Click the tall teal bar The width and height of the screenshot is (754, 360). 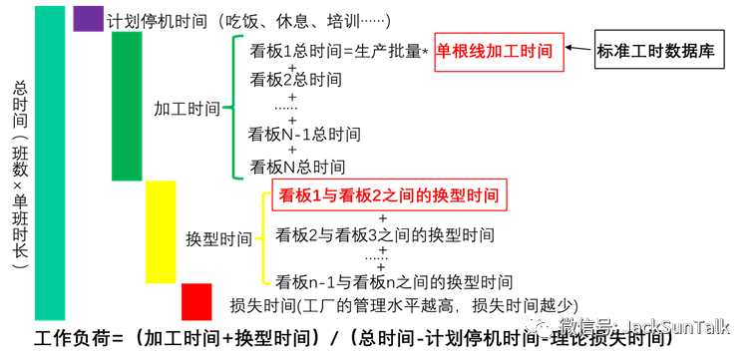50,163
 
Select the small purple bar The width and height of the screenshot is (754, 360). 89,18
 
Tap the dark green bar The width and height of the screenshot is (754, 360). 127,106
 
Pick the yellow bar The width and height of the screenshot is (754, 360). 161,232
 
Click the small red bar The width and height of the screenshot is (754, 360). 196,302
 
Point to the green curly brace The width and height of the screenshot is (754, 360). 234,107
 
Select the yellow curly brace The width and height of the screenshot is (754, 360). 264,238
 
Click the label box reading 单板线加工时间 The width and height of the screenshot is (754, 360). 499,52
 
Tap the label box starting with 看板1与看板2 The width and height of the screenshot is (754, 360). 389,194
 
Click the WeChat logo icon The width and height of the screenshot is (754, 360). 539,326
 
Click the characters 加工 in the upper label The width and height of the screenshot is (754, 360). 503,52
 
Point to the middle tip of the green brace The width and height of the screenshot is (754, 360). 224,107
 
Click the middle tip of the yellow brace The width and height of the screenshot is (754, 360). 256,238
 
